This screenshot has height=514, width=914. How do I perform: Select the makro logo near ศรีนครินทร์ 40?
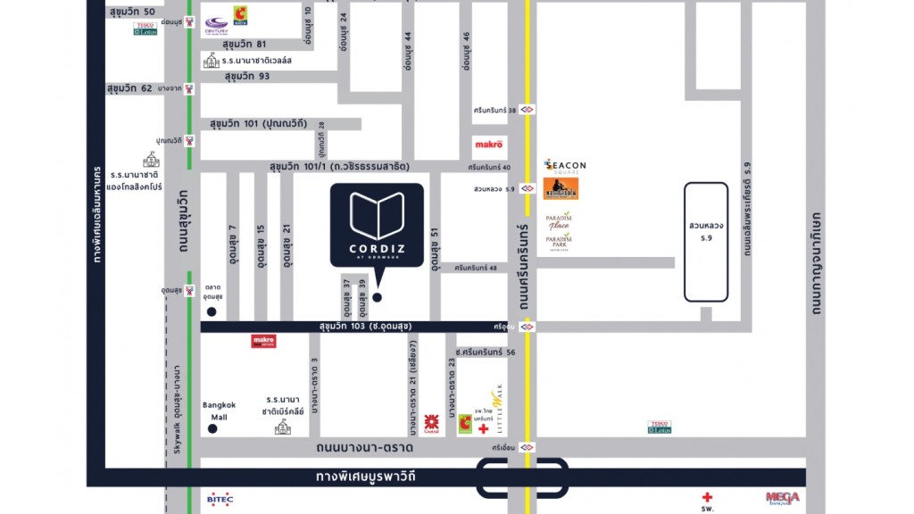tap(488, 144)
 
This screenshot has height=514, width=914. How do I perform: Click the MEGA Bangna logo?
tap(782, 498)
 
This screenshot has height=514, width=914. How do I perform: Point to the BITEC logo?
tap(220, 499)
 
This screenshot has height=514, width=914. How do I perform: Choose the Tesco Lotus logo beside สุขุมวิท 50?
tap(145, 29)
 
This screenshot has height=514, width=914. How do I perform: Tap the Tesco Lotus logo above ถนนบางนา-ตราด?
tap(660, 427)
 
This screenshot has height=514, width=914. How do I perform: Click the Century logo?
tap(216, 24)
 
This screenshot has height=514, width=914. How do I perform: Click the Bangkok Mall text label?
tap(218, 410)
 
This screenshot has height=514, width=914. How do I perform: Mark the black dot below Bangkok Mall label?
tap(212, 429)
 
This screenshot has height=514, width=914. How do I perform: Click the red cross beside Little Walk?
tap(483, 429)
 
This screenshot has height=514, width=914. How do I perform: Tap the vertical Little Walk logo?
tap(499, 409)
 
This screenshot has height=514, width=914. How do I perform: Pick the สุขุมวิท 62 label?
tap(131, 89)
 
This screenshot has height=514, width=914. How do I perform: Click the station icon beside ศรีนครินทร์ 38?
tap(528, 109)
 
